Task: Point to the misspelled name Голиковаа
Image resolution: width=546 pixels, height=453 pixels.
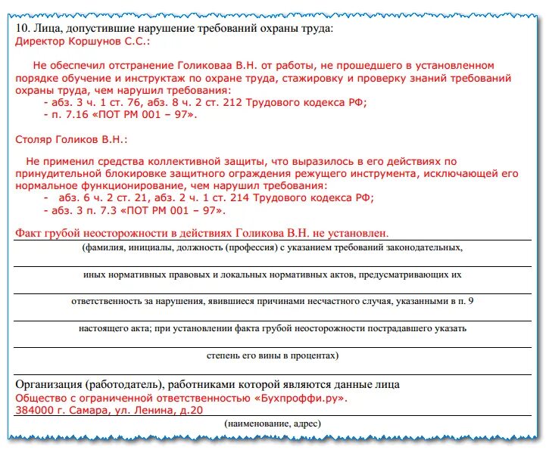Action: [203, 66]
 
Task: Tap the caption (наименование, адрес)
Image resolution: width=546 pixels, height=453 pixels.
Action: [272, 424]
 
